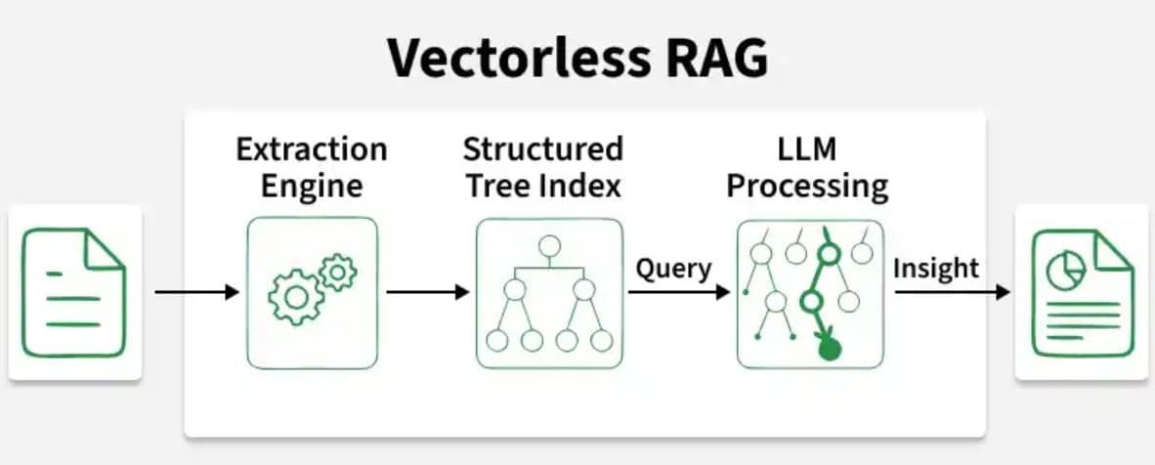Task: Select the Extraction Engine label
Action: pos(312,167)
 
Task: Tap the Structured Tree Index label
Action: pos(542,167)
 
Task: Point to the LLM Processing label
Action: pos(807,167)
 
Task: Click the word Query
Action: pos(673,268)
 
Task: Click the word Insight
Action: pos(935,268)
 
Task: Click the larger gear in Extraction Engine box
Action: pos(294,298)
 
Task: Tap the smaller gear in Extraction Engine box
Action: pos(337,272)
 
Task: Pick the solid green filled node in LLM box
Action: pos(829,347)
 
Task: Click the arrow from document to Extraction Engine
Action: pos(196,292)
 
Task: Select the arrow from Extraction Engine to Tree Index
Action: pos(427,292)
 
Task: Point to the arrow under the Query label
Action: pos(678,292)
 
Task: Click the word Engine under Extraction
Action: pos(312,185)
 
